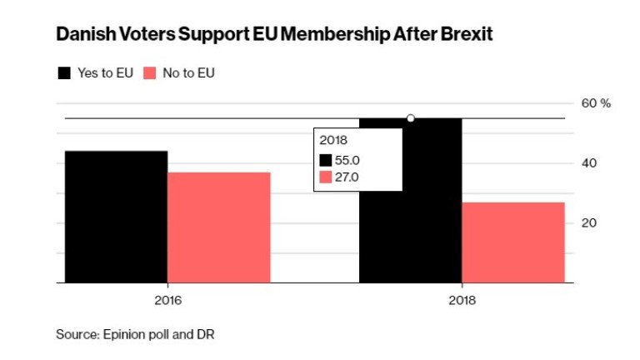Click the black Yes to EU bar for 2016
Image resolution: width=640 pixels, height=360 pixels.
(116, 217)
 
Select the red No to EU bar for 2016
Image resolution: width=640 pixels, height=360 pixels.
(218, 227)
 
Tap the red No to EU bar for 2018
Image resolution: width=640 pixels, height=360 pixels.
(512, 242)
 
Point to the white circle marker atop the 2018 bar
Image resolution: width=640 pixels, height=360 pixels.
(411, 118)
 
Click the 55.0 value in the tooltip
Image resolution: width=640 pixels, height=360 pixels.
(347, 160)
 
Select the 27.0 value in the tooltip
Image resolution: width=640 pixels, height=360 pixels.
(347, 177)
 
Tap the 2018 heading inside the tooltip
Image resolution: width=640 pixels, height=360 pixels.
(333, 141)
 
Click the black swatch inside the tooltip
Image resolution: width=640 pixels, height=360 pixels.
(326, 160)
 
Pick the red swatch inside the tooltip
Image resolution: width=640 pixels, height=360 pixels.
(326, 177)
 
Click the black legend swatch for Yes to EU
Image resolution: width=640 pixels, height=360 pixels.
(64, 73)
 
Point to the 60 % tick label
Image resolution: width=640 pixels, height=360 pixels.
(596, 103)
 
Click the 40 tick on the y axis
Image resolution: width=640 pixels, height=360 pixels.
(589, 163)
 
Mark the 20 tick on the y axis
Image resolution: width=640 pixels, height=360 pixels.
(589, 223)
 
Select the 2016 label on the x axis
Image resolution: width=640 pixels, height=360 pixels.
(167, 299)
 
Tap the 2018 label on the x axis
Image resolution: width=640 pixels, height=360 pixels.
(462, 299)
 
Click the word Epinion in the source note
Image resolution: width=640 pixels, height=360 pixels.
(125, 334)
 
